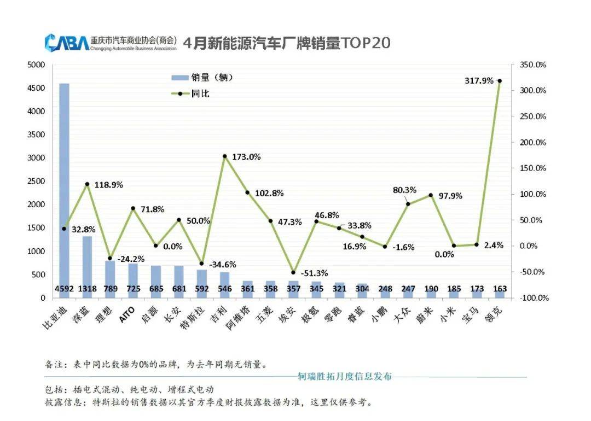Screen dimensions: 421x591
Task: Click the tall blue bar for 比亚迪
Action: pyautogui.click(x=64, y=186)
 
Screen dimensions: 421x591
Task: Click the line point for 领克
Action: pyautogui.click(x=500, y=81)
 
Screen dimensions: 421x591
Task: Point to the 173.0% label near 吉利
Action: pyautogui.click(x=246, y=157)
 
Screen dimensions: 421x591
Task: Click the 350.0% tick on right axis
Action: pyautogui.click(x=533, y=65)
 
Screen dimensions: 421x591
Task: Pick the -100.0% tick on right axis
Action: pyautogui.click(x=533, y=298)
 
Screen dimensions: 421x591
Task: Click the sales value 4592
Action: pyautogui.click(x=64, y=289)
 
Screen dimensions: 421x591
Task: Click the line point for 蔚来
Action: pyautogui.click(x=431, y=195)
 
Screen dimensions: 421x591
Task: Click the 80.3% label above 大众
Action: pyautogui.click(x=404, y=190)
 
